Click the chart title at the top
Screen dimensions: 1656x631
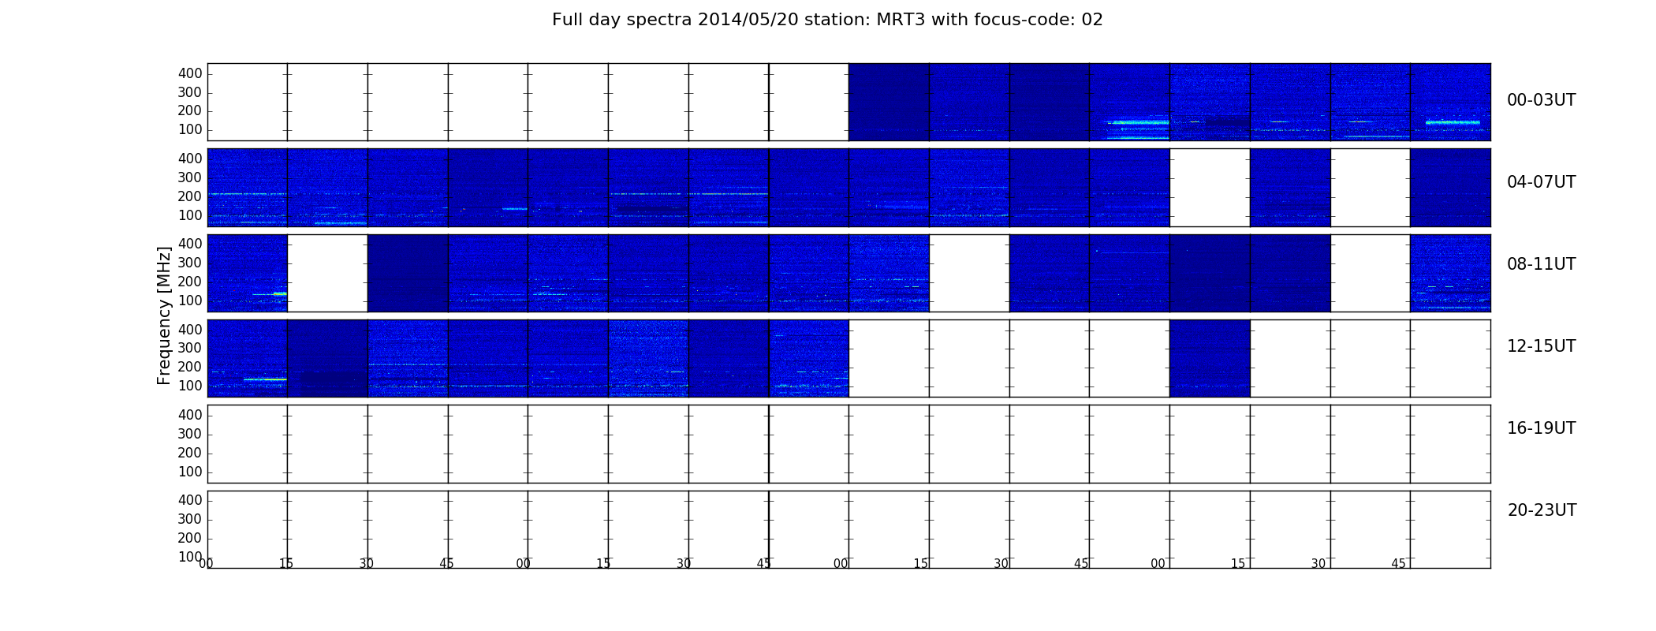point(827,20)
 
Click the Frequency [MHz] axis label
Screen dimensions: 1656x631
point(164,315)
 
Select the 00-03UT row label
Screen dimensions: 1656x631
point(1541,100)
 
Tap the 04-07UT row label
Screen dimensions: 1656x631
point(1541,182)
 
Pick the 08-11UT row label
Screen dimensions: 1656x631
point(1541,264)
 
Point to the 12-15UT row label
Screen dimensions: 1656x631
point(1541,346)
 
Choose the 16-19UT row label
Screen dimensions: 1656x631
point(1541,428)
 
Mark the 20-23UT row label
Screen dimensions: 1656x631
point(1542,510)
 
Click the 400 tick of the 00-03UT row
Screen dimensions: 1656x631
point(190,73)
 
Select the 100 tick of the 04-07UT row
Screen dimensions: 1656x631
point(190,215)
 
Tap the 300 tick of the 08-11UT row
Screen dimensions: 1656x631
point(190,263)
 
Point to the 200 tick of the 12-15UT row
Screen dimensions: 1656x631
point(190,367)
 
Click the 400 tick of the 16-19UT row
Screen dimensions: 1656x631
point(190,415)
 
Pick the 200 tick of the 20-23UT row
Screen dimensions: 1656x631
point(190,538)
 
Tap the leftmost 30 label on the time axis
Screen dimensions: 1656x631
point(367,564)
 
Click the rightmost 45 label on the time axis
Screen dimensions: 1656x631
point(1398,564)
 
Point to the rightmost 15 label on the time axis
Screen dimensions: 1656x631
point(1238,564)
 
